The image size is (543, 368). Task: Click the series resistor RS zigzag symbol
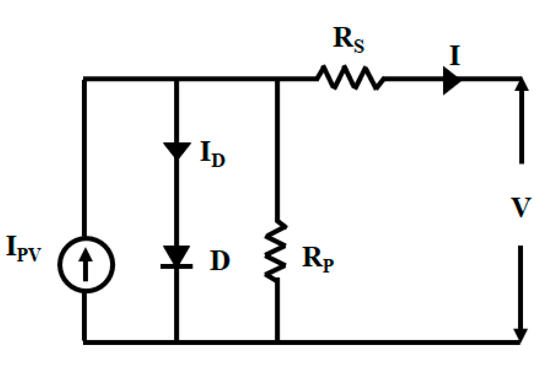coord(350,78)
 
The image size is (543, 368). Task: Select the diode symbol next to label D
coord(177,258)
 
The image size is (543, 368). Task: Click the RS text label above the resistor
coord(348,41)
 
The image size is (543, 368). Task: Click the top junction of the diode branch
coord(177,79)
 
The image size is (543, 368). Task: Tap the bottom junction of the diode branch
coord(177,342)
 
